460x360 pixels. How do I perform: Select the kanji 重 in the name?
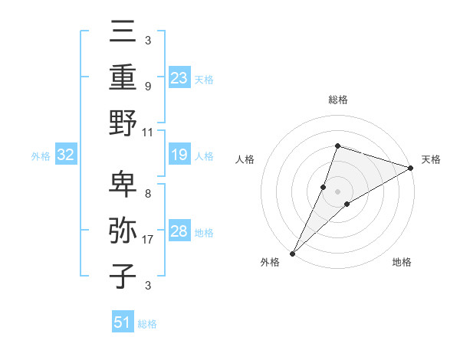pos(123,77)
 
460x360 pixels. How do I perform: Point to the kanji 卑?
pos(123,185)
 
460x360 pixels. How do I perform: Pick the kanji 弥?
pos(123,230)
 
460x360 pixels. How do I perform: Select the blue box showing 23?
pos(179,78)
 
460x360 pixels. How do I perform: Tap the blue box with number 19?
pos(179,155)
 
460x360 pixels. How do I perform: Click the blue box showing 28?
pos(179,231)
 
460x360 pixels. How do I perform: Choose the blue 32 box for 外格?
pos(65,155)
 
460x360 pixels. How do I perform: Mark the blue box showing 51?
pos(123,322)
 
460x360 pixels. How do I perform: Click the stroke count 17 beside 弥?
pos(149,241)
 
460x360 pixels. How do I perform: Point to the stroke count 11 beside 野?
pos(149,132)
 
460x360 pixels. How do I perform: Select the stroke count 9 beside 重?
pos(148,87)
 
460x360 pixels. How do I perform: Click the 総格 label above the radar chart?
pos(337,100)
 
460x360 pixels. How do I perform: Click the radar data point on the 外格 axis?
pos(292,253)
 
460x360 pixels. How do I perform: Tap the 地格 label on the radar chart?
pos(402,263)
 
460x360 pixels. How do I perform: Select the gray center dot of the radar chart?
pos(337,191)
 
